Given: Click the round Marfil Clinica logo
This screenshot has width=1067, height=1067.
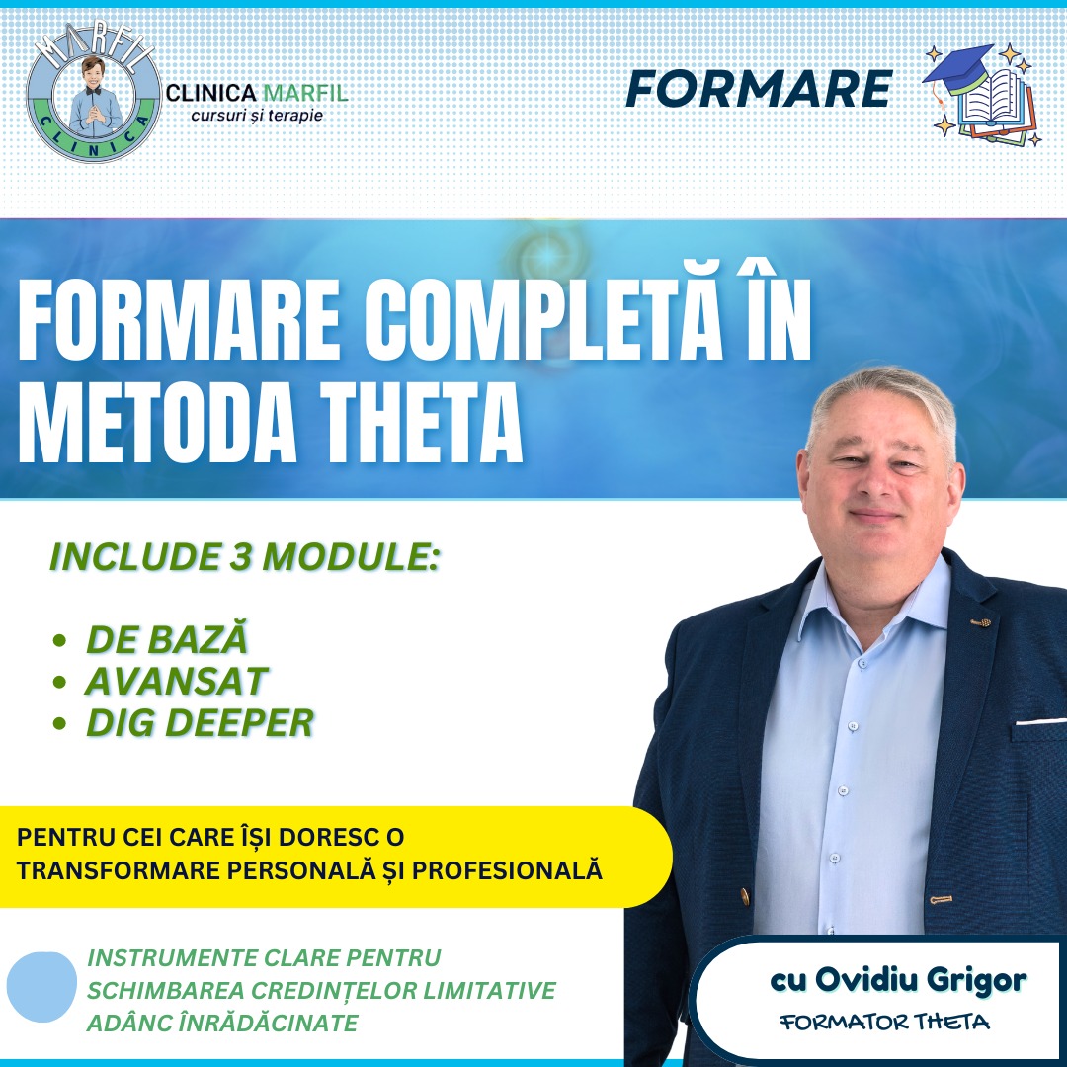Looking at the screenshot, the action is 94,94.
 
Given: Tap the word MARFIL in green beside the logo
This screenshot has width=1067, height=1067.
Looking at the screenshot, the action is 305,93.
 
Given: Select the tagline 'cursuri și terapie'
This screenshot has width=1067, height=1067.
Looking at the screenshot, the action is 257,115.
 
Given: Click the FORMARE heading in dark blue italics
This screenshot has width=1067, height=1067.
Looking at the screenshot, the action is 759,89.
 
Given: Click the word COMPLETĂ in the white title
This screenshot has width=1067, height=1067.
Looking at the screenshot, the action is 542,320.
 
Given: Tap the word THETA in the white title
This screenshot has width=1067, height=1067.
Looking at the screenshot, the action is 421,423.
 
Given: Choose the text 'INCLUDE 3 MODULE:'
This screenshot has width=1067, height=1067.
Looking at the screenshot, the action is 245,557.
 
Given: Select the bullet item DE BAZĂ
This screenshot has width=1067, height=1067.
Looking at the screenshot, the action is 167,639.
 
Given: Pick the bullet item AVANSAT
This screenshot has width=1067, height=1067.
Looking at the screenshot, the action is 177,681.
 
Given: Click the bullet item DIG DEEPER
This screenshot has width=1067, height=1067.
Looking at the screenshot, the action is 200,722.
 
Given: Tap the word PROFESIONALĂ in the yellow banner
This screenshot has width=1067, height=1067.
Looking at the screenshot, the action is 507,870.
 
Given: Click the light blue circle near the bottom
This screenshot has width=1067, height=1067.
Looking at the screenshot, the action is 41,987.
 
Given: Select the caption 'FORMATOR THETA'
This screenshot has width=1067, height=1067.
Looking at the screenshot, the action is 884,1022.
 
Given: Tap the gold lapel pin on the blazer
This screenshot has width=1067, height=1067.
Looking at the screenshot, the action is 980,622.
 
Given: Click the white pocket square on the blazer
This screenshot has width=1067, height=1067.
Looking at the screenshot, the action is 1041,721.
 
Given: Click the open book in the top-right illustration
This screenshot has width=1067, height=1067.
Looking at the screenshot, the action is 995,102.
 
